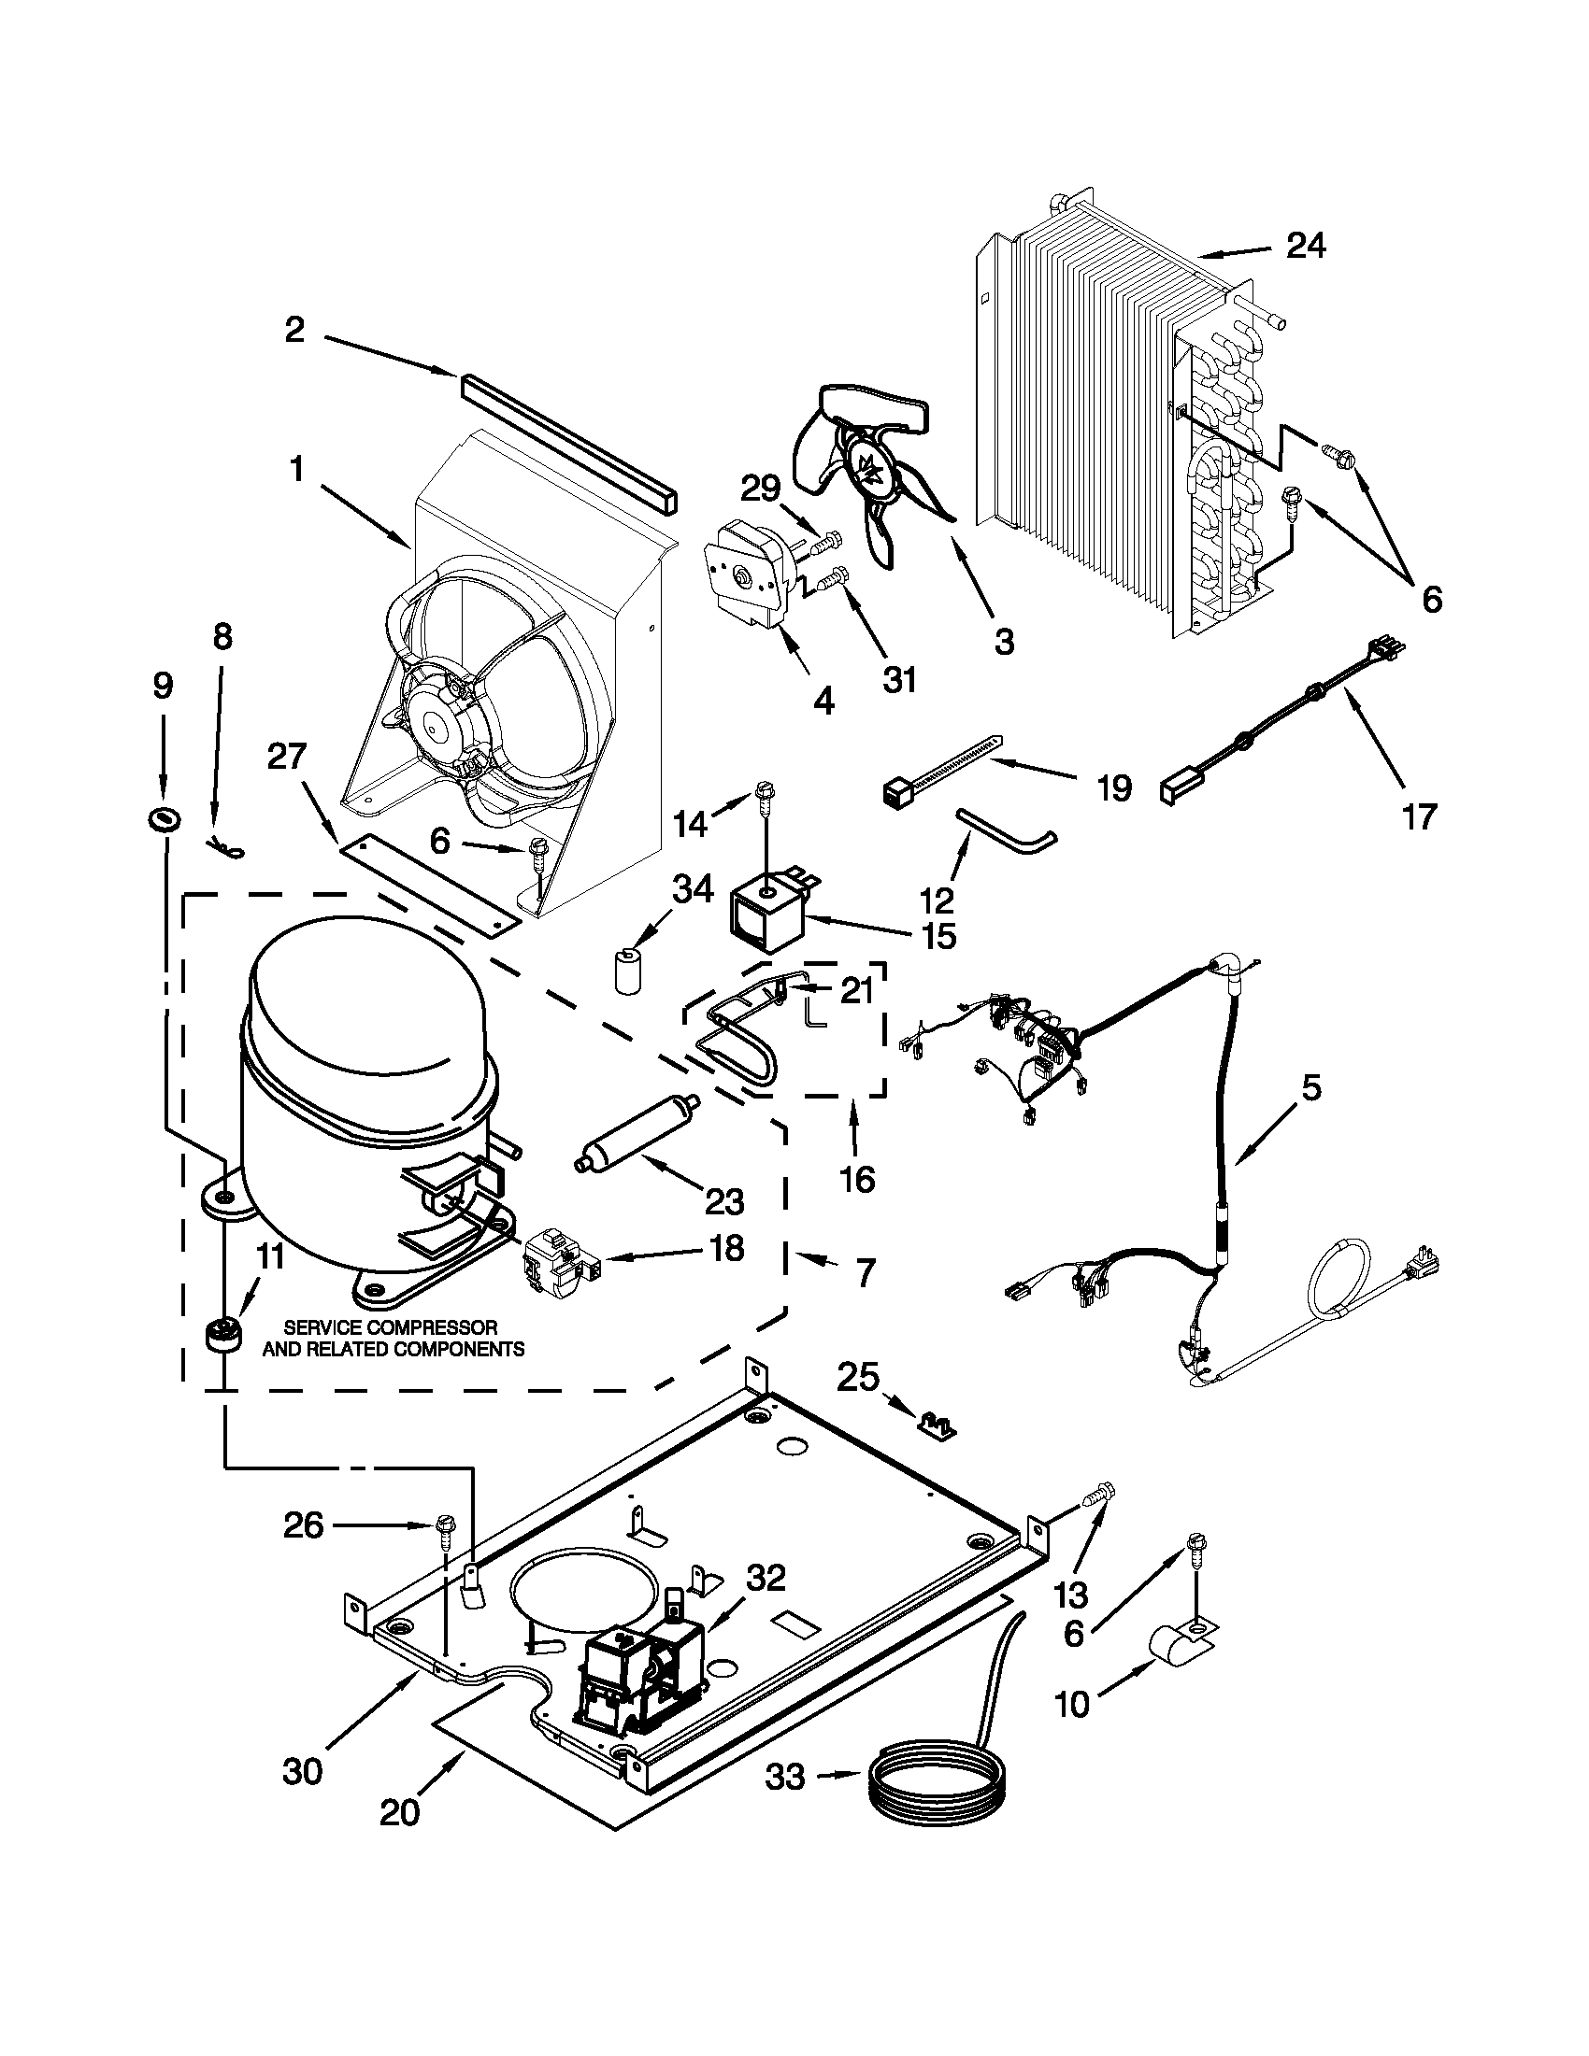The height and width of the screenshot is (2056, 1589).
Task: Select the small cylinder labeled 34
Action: point(628,971)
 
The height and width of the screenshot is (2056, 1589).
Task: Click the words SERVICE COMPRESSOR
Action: point(391,1327)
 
